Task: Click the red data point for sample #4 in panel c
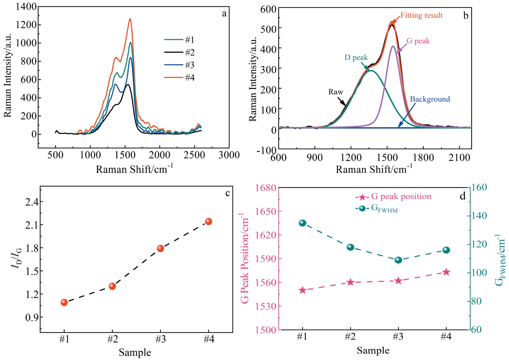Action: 208,222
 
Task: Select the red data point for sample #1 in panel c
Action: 64,302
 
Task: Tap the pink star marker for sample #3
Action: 398,281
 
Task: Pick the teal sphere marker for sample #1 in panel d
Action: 302,223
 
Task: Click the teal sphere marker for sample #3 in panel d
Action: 398,260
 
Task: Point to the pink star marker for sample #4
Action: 446,272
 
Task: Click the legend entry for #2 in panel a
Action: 179,52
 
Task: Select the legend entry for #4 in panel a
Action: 179,77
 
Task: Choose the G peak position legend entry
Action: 393,197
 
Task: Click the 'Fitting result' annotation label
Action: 421,15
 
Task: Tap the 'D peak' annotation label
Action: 356,57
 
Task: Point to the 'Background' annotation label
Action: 430,99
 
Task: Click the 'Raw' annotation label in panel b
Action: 336,92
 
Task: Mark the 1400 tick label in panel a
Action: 26,6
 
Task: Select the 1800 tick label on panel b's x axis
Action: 423,157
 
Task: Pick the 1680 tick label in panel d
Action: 266,188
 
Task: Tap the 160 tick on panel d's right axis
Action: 479,187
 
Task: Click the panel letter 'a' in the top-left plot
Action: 224,13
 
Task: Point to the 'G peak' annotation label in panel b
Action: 418,41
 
